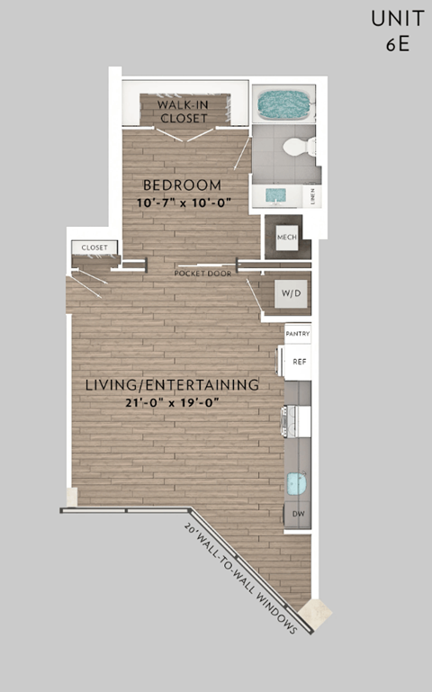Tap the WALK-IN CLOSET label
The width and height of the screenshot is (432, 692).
[x=184, y=111]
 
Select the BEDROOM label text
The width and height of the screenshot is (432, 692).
[x=182, y=186]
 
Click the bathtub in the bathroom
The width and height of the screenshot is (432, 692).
[x=283, y=105]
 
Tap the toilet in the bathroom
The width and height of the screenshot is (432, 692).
[x=298, y=147]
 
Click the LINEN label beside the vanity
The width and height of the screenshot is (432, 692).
[x=311, y=194]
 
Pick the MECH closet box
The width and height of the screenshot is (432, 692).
[x=286, y=237]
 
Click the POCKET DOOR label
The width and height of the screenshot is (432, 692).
[x=203, y=273]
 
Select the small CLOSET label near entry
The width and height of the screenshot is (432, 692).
[x=94, y=247]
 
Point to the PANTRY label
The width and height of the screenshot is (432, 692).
[x=298, y=334]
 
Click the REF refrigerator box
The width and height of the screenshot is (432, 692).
[x=299, y=361]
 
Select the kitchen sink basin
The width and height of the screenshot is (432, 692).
[x=297, y=483]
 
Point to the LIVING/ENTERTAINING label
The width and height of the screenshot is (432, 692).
[x=172, y=385]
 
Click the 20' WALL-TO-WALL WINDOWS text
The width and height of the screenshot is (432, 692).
[x=241, y=578]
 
